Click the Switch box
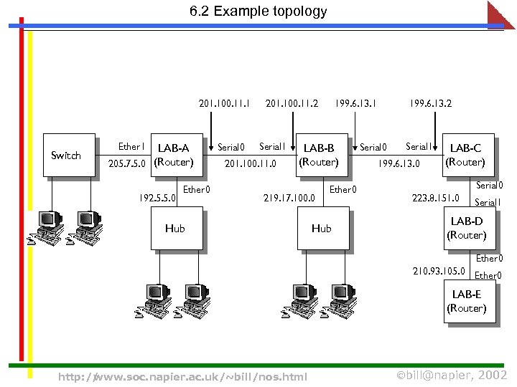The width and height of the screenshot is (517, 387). click(x=69, y=155)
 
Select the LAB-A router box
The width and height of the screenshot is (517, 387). click(x=175, y=155)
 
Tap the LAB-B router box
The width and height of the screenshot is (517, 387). click(x=319, y=155)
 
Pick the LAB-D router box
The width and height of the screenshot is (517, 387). click(x=467, y=228)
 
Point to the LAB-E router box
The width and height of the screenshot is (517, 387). click(x=467, y=301)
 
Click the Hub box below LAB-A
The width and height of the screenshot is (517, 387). click(x=176, y=229)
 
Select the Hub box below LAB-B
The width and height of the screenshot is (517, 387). click(x=322, y=229)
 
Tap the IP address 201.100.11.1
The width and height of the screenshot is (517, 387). click(x=224, y=104)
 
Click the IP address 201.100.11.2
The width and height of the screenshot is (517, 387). click(x=292, y=104)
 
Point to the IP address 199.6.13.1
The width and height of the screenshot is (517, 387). click(x=356, y=104)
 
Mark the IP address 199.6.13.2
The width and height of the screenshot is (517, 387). click(x=430, y=104)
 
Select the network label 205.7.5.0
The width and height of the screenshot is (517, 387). click(x=127, y=163)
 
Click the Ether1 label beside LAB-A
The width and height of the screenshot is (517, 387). click(x=131, y=147)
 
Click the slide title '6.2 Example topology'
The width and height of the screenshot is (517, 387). click(x=258, y=11)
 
